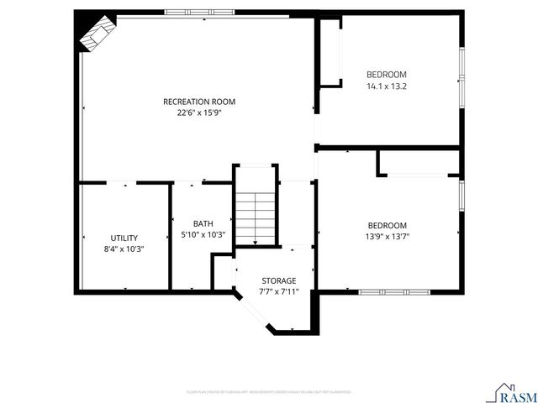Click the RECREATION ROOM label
[199, 102]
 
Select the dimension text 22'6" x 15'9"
[199, 114]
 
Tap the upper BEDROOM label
[387, 74]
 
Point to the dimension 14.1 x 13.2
[387, 86]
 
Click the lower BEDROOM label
[387, 225]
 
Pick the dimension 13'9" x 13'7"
[387, 238]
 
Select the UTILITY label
[124, 238]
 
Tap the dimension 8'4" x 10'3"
[124, 249]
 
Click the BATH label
[203, 223]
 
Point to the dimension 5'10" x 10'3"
[203, 235]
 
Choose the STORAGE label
[278, 280]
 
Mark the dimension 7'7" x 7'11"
[278, 292]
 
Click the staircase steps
[255, 217]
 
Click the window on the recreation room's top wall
[198, 13]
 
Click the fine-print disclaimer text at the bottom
[268, 392]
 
